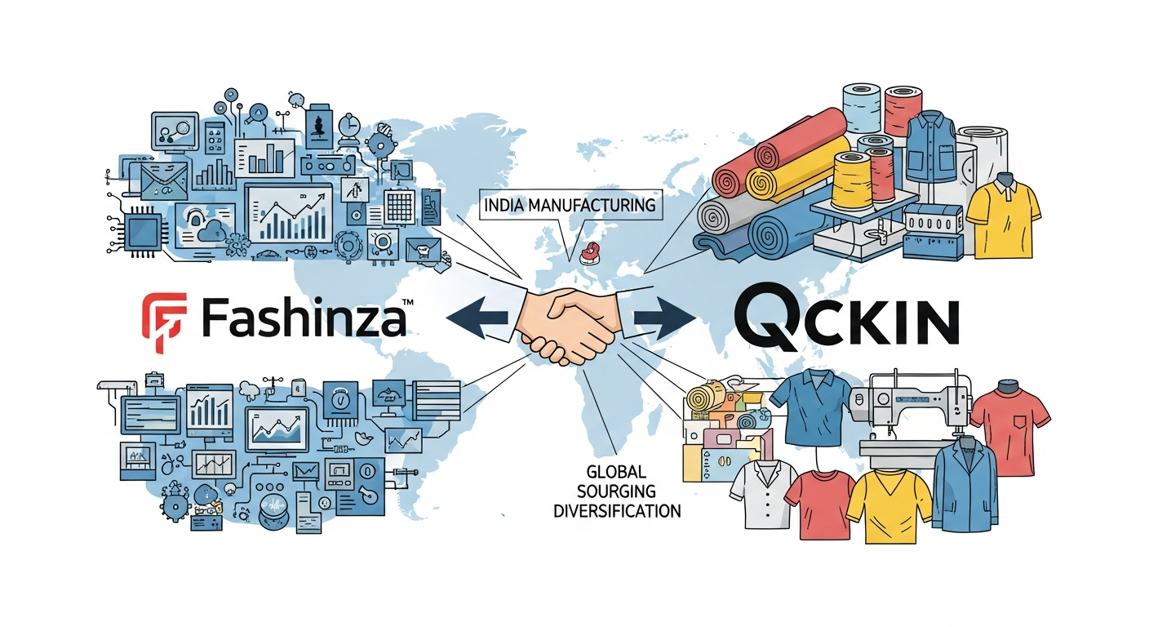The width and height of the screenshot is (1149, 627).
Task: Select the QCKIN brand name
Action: click(845, 319)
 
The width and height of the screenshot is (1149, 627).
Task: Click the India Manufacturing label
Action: click(570, 205)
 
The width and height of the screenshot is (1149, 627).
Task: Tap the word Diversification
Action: click(617, 512)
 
